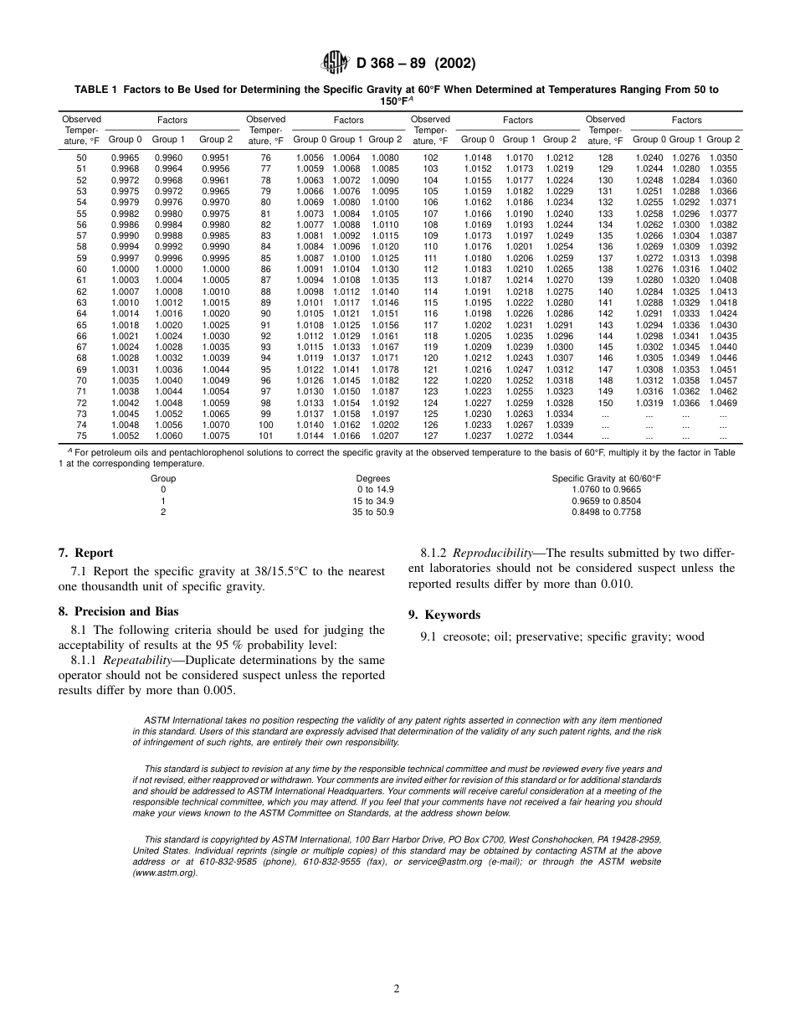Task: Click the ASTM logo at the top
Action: point(336,63)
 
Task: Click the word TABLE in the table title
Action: point(92,89)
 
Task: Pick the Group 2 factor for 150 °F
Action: point(723,403)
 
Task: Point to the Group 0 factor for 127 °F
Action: point(478,435)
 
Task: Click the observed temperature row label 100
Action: point(266,425)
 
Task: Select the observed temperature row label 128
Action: point(605,157)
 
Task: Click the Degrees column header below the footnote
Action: point(373,478)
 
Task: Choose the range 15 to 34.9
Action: point(373,501)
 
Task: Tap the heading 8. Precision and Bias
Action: point(118,611)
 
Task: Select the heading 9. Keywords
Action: point(444,615)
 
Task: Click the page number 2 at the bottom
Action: point(397,988)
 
